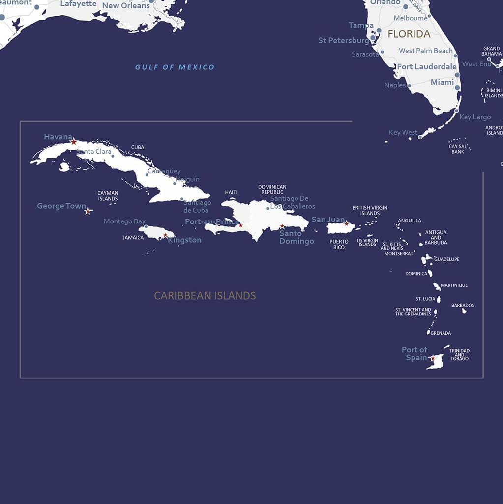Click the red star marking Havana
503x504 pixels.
tap(73, 142)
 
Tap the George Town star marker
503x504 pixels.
tap(88, 211)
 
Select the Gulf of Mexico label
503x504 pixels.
tap(175, 67)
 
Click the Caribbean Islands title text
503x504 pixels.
tap(205, 296)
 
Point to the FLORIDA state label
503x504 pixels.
tap(409, 34)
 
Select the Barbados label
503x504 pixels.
tap(463, 305)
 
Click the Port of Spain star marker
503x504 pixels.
tap(432, 358)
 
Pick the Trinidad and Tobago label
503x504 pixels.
tap(459, 355)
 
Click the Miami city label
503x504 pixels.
tap(442, 82)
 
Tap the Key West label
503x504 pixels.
tap(403, 132)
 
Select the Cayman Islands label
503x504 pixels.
tap(108, 196)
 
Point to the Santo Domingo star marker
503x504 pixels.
tap(282, 227)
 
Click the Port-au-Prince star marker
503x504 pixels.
tap(240, 225)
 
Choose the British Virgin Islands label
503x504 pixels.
tap(370, 211)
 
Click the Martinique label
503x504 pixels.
tap(454, 285)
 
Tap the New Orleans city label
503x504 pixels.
tap(126, 6)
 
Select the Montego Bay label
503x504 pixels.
tap(124, 221)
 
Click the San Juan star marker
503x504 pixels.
tap(346, 224)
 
